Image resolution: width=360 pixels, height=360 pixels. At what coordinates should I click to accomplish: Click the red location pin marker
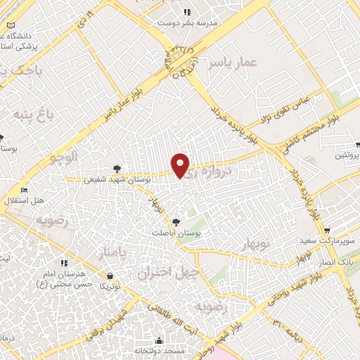(181, 165)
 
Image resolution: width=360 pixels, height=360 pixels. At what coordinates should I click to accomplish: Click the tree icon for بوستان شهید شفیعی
(117, 169)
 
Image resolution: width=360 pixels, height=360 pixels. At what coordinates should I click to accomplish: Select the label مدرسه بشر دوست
(187, 22)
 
